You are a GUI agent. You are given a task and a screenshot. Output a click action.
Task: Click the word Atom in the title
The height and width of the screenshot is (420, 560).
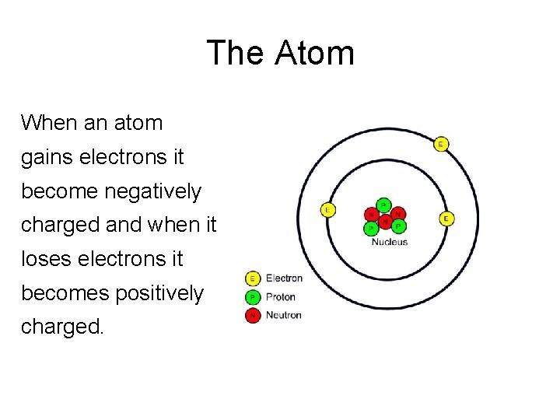coord(315,54)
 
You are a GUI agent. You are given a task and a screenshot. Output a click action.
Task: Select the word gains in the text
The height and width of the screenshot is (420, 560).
coord(45,158)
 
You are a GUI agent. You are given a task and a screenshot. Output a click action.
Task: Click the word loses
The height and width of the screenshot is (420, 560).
coord(43,258)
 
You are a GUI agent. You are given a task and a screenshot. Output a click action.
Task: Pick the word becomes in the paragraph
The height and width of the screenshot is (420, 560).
coord(62,293)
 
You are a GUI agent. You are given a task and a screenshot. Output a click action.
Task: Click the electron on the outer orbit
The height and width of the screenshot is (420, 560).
coord(441,144)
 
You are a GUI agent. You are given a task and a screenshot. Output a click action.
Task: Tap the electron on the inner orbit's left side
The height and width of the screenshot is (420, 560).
coord(328,210)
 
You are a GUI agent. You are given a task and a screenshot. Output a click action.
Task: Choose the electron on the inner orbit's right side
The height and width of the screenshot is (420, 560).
coord(446,219)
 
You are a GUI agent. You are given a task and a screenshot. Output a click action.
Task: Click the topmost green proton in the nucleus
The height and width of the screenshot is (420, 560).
coord(383,205)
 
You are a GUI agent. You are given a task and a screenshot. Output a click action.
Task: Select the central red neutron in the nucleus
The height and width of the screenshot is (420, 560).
coord(385,221)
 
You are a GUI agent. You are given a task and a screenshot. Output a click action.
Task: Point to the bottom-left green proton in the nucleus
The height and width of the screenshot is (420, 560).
coord(372,229)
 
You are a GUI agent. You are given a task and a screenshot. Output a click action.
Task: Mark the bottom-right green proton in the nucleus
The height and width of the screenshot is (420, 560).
coord(398,226)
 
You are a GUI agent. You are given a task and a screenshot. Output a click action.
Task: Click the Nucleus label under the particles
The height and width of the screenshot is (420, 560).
coord(390,242)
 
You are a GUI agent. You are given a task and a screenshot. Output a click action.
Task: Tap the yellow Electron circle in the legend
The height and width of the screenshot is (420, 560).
coord(253,278)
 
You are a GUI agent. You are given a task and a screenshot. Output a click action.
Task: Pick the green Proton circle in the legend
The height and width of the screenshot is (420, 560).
coord(253,296)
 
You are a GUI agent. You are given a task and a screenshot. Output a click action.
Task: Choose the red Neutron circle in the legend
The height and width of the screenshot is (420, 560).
coord(253,315)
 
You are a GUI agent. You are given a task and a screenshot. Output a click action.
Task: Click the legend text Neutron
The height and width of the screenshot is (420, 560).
coord(283,315)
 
